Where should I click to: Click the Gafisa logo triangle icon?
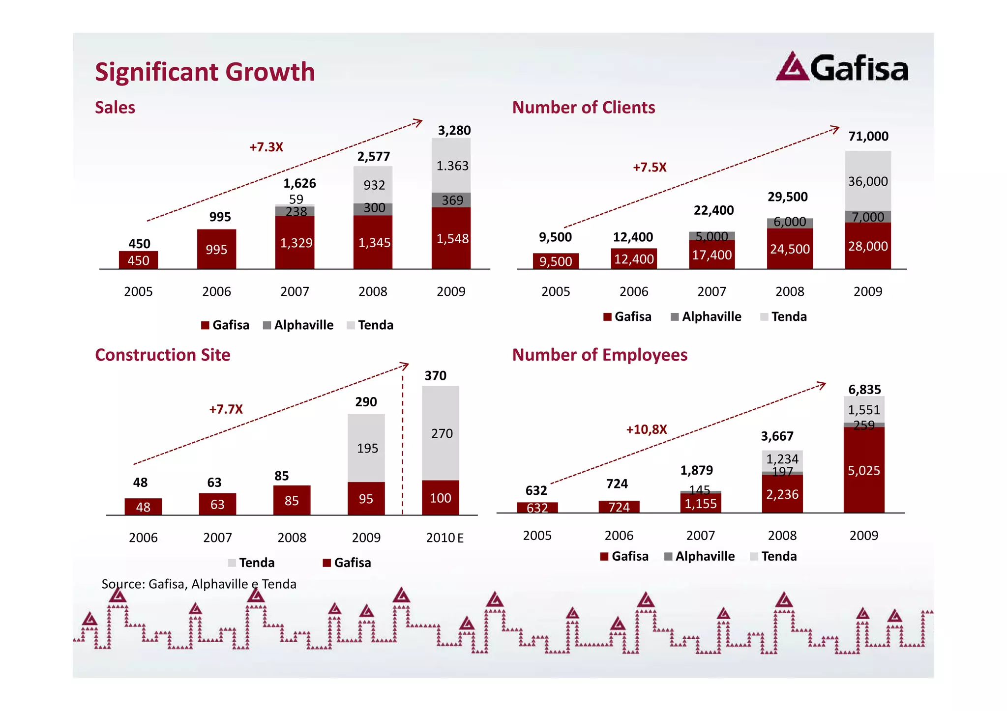tap(792, 67)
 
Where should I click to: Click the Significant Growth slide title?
tap(205, 72)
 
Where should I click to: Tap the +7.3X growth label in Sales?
tap(266, 147)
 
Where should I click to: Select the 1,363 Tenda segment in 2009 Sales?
tap(452, 166)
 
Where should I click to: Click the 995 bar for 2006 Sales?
tap(216, 249)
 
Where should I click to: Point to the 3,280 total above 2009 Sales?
tap(454, 130)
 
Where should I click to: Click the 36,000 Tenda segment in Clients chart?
tap(868, 181)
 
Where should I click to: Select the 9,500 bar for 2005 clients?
tap(556, 261)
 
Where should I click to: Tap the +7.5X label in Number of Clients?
tap(649, 167)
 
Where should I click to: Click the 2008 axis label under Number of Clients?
tap(790, 291)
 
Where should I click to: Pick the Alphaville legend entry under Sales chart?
tap(298, 325)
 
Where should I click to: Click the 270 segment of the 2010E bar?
tap(441, 433)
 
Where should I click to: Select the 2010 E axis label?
tap(444, 538)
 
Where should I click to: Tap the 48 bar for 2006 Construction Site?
tap(143, 507)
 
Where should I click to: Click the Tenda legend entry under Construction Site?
tap(251, 563)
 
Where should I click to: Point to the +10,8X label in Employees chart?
tap(646, 429)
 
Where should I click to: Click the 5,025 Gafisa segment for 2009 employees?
tap(863, 470)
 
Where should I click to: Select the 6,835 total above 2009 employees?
tap(864, 390)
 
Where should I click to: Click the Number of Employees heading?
tap(599, 355)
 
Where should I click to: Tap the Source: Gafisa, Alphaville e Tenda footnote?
tap(199, 584)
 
